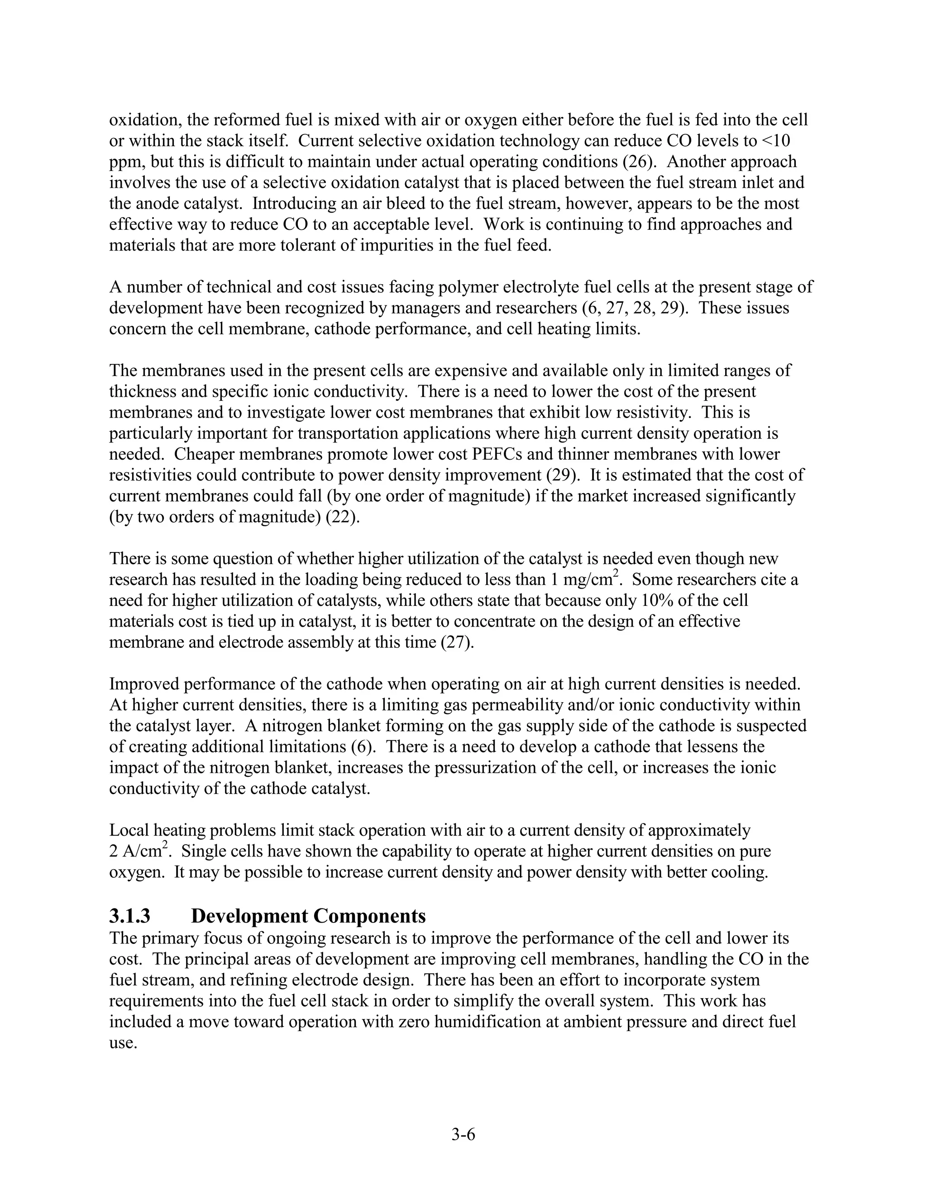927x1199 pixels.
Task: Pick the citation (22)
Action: [343, 517]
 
